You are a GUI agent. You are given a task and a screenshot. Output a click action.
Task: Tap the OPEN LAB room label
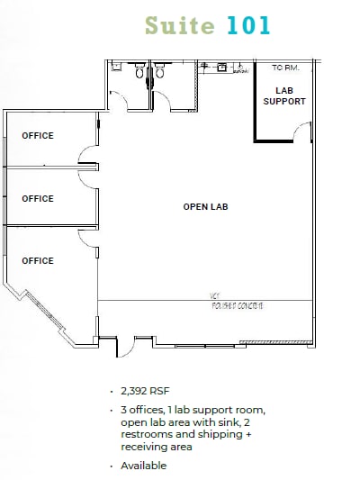206,207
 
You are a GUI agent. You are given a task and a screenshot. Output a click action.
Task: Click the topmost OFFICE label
38,136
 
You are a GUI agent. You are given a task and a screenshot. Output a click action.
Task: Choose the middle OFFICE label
38,199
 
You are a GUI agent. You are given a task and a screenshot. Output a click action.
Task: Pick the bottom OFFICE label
38,261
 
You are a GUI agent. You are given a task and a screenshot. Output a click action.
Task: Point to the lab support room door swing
303,132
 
